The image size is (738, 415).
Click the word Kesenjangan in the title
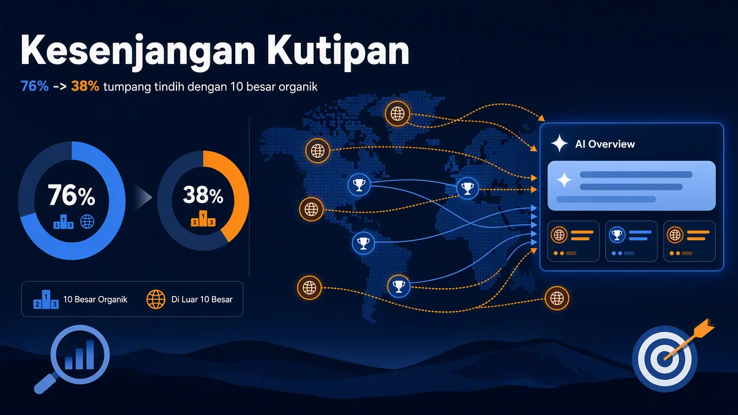coord(138,51)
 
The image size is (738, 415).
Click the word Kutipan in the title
coord(338,51)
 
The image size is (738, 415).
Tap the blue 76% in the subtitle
coord(35,86)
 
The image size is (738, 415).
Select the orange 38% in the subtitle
coord(85,86)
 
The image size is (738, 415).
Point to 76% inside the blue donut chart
coord(71,195)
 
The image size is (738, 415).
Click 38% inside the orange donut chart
coord(203,195)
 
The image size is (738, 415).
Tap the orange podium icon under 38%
coord(203,218)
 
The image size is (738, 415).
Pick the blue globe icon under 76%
coord(87,222)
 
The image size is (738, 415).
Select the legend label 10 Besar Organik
coord(95,299)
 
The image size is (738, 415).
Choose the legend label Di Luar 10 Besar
coord(202,299)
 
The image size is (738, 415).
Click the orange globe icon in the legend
coord(156,299)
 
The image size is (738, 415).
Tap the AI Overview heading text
coord(605,144)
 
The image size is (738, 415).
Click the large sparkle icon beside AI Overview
coord(559,144)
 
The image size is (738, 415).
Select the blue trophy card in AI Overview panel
coord(631,241)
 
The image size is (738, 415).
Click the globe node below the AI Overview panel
coord(557,299)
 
